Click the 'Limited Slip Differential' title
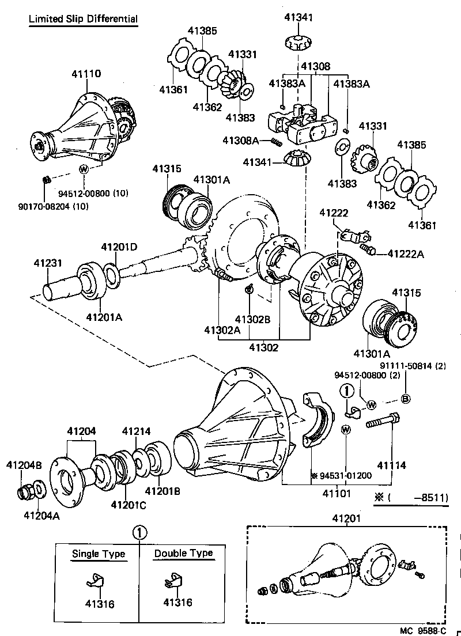click(84, 19)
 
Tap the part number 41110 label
click(86, 74)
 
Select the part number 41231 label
click(47, 263)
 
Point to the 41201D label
click(119, 247)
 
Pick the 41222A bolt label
click(406, 253)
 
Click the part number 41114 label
click(392, 465)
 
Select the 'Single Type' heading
click(98, 554)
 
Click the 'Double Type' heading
click(183, 553)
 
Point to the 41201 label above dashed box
click(346, 518)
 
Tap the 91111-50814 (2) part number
click(413, 365)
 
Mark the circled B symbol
click(405, 399)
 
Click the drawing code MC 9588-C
click(424, 630)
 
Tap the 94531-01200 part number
click(344, 475)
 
